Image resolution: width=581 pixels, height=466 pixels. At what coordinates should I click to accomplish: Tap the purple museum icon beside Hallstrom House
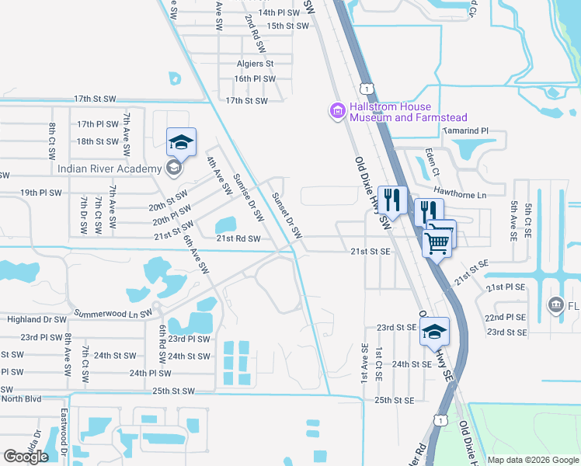(337, 112)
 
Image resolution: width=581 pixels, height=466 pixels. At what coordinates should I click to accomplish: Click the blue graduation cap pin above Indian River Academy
(180, 143)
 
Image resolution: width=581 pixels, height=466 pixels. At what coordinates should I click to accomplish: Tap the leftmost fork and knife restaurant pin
(392, 200)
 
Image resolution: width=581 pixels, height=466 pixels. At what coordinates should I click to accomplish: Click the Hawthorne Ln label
(459, 195)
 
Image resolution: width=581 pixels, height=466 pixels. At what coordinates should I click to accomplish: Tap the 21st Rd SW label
(238, 238)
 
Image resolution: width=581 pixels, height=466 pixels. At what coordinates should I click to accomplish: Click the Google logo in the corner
(26, 457)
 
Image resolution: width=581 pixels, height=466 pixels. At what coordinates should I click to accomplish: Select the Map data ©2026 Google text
(532, 460)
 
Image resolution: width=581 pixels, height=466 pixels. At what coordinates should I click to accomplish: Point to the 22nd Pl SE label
(506, 318)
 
